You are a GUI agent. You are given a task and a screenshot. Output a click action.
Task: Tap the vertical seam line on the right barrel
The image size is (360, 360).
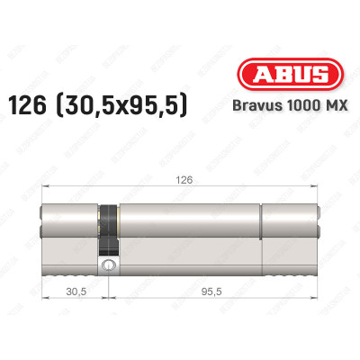point(263,229)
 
